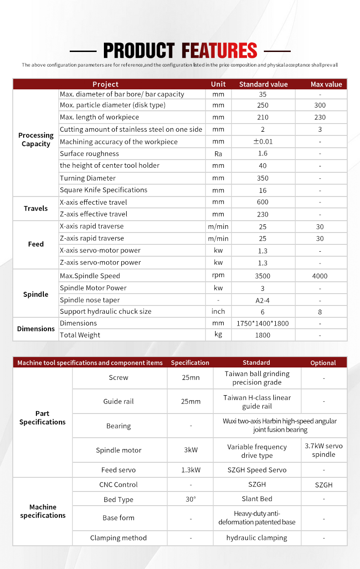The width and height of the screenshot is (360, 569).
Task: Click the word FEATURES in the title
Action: [x=219, y=50]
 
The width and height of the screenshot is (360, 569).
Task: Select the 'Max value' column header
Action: [x=326, y=84]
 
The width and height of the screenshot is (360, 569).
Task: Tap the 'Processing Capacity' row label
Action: [x=36, y=140]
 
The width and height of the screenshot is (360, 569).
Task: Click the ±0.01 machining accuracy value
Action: [x=262, y=142]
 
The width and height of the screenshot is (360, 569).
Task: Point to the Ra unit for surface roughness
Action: [x=218, y=154]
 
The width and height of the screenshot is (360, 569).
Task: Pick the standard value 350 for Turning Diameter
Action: [x=262, y=178]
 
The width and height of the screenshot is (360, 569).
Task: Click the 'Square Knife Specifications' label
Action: [x=103, y=190]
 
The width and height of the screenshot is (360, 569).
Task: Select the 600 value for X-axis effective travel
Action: [x=262, y=202]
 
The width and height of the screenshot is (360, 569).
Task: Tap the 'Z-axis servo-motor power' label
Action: [x=100, y=262]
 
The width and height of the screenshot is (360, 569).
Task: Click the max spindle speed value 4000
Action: [x=320, y=276]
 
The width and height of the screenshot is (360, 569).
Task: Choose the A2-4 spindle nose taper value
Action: [x=262, y=300]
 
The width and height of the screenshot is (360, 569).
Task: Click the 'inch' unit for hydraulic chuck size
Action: [x=218, y=311]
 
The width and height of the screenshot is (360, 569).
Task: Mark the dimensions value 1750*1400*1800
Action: [x=262, y=324]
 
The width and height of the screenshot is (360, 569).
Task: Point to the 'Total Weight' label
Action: [x=80, y=335]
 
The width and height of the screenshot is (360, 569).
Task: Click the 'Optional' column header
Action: [x=323, y=363]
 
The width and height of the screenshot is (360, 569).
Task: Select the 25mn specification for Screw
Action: [x=190, y=378]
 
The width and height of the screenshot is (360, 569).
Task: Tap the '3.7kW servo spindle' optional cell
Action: [x=324, y=450]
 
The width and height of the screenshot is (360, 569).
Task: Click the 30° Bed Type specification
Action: [x=190, y=499]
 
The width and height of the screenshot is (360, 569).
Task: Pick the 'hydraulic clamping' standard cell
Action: [x=257, y=538]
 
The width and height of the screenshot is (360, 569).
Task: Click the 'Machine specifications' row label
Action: [x=43, y=511]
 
